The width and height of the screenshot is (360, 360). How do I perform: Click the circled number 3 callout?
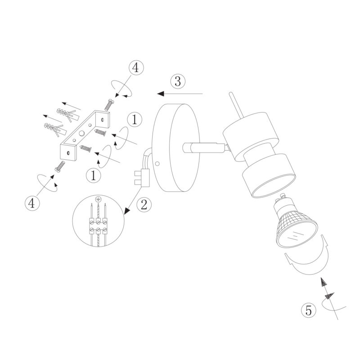(x=178, y=81)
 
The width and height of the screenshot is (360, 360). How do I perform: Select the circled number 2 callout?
(x=144, y=204)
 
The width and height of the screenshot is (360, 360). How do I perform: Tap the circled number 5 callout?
(x=309, y=310)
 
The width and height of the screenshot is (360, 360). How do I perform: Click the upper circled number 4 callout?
(x=136, y=68)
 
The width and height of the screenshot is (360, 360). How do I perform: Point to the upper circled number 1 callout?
(x=135, y=119)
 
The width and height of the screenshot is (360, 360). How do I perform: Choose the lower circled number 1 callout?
(x=93, y=175)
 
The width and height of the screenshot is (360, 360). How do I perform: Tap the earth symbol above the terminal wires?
(x=98, y=199)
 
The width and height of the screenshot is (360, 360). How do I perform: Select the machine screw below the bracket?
(x=59, y=166)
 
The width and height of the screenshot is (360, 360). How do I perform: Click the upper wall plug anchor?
(x=68, y=114)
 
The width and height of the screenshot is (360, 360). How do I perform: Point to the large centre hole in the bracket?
(x=81, y=133)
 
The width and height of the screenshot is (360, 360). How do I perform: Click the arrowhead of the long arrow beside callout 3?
(x=161, y=94)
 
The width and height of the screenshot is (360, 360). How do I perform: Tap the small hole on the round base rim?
(x=157, y=164)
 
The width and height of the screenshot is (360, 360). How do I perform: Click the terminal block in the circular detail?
(x=98, y=226)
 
